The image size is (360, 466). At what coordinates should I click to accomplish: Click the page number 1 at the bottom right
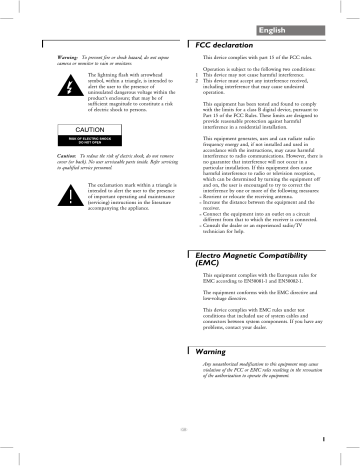pos(339,437)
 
